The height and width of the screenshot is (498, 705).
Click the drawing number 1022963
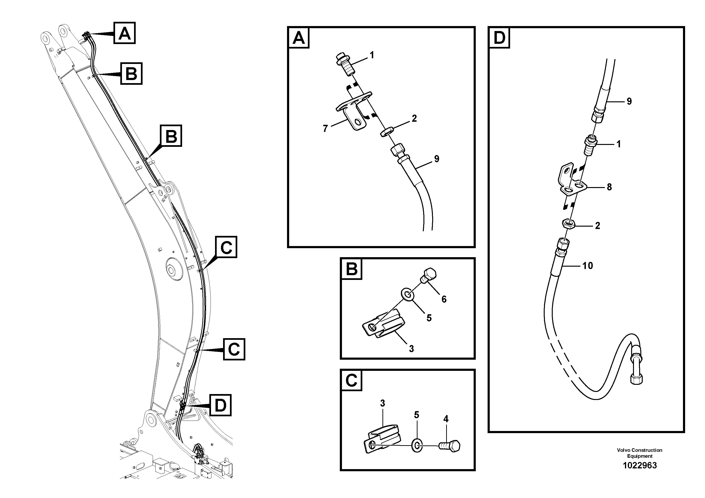(639, 466)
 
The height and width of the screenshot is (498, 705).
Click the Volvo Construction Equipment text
(639, 453)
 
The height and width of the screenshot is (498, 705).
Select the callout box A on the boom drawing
(124, 33)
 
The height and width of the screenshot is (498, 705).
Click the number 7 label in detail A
(325, 128)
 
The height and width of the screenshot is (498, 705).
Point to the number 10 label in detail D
(587, 266)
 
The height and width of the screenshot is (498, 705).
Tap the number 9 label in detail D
(629, 102)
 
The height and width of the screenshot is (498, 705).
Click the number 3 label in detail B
(411, 349)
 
